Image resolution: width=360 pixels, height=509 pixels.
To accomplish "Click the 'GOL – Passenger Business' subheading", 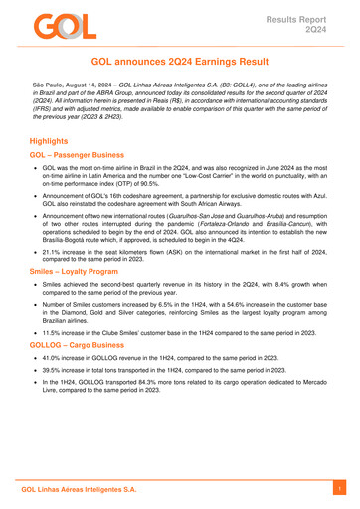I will [85, 164].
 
